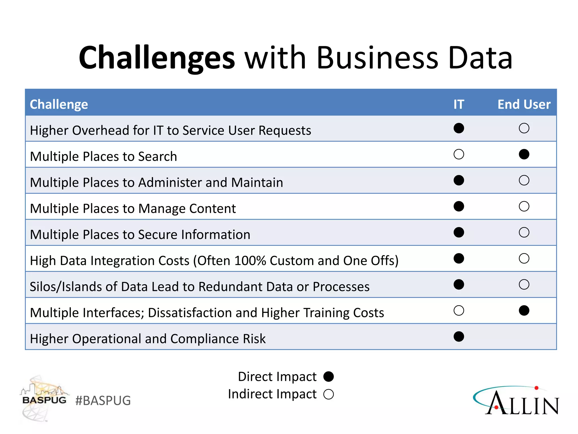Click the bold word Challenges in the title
pos(157,58)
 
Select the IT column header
pos(459,104)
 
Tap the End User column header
pos(524,104)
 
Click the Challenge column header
pos(59,104)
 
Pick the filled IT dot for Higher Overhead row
pos(459,128)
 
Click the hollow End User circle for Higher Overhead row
pos(524,128)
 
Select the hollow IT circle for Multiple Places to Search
pos(459,154)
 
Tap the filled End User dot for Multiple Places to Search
pos(524,154)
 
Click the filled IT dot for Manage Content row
pos(459,206)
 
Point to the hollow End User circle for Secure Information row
pos(524,232)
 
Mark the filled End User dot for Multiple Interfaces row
pos(524,311)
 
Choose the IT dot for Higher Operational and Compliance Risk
pos(459,337)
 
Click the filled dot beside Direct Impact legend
pos(329,377)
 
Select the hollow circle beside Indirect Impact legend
pos(329,394)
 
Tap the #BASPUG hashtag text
pos(103,401)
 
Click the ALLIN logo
pos(516,401)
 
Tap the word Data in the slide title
pos(480,58)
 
